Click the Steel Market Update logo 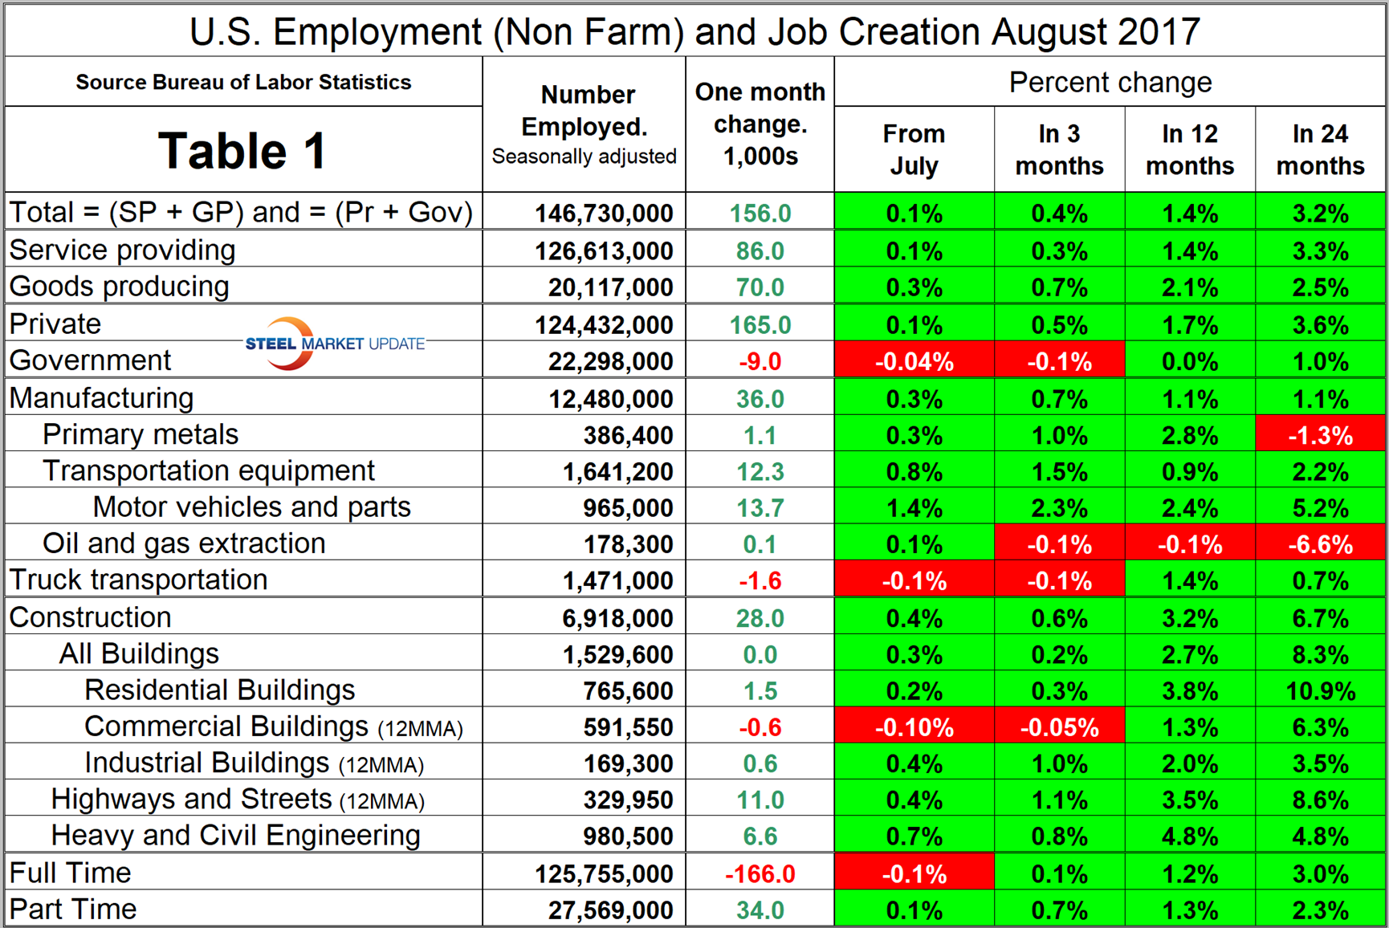334,344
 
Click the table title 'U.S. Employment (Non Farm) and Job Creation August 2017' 694,32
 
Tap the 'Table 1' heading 242,150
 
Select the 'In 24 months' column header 1320,149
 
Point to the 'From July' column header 914,149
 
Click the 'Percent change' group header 1110,82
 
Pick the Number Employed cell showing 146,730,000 604,213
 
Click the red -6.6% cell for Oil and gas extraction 1320,544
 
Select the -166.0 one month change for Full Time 760,873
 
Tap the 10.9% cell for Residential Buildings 1320,690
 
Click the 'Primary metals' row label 141,434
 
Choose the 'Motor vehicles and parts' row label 251,507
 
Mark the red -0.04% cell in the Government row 914,361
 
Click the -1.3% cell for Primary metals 1320,435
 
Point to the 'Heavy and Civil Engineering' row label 235,836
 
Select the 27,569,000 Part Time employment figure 610,910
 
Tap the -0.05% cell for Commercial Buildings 1059,727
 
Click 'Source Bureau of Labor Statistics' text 243,82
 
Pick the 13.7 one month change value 760,507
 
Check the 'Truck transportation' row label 138,580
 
